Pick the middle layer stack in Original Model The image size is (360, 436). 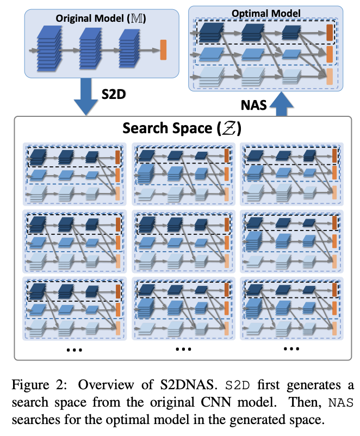tap(90, 48)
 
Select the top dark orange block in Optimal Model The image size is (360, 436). tap(329, 33)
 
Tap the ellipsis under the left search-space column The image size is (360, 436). tap(73, 350)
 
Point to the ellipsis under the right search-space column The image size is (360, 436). tap(291, 350)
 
